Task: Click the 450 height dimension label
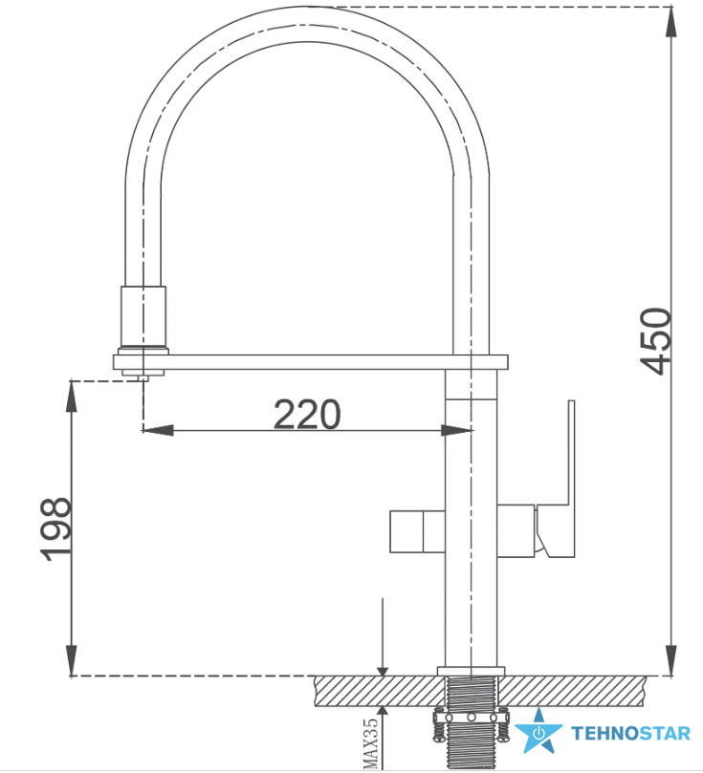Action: pos(655,342)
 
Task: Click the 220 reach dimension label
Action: pos(307,414)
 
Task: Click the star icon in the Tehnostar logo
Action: pos(538,731)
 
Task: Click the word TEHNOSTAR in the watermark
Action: pos(631,734)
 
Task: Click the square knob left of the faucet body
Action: pos(417,531)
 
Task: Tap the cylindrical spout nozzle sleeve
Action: pos(143,316)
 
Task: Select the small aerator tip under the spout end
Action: pos(143,377)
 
